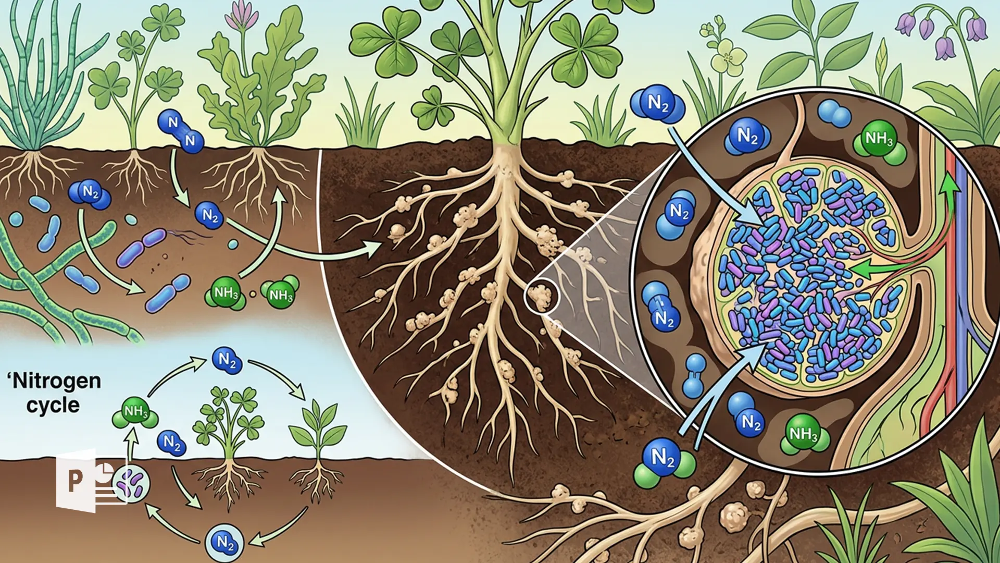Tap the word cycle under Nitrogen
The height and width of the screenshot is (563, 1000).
[53, 406]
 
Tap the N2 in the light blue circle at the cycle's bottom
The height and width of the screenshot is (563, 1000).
[225, 543]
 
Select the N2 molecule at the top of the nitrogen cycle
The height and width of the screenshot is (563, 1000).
[227, 360]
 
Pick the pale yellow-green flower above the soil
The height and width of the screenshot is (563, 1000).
[728, 55]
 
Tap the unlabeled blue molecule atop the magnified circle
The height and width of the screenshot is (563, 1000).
[834, 113]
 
